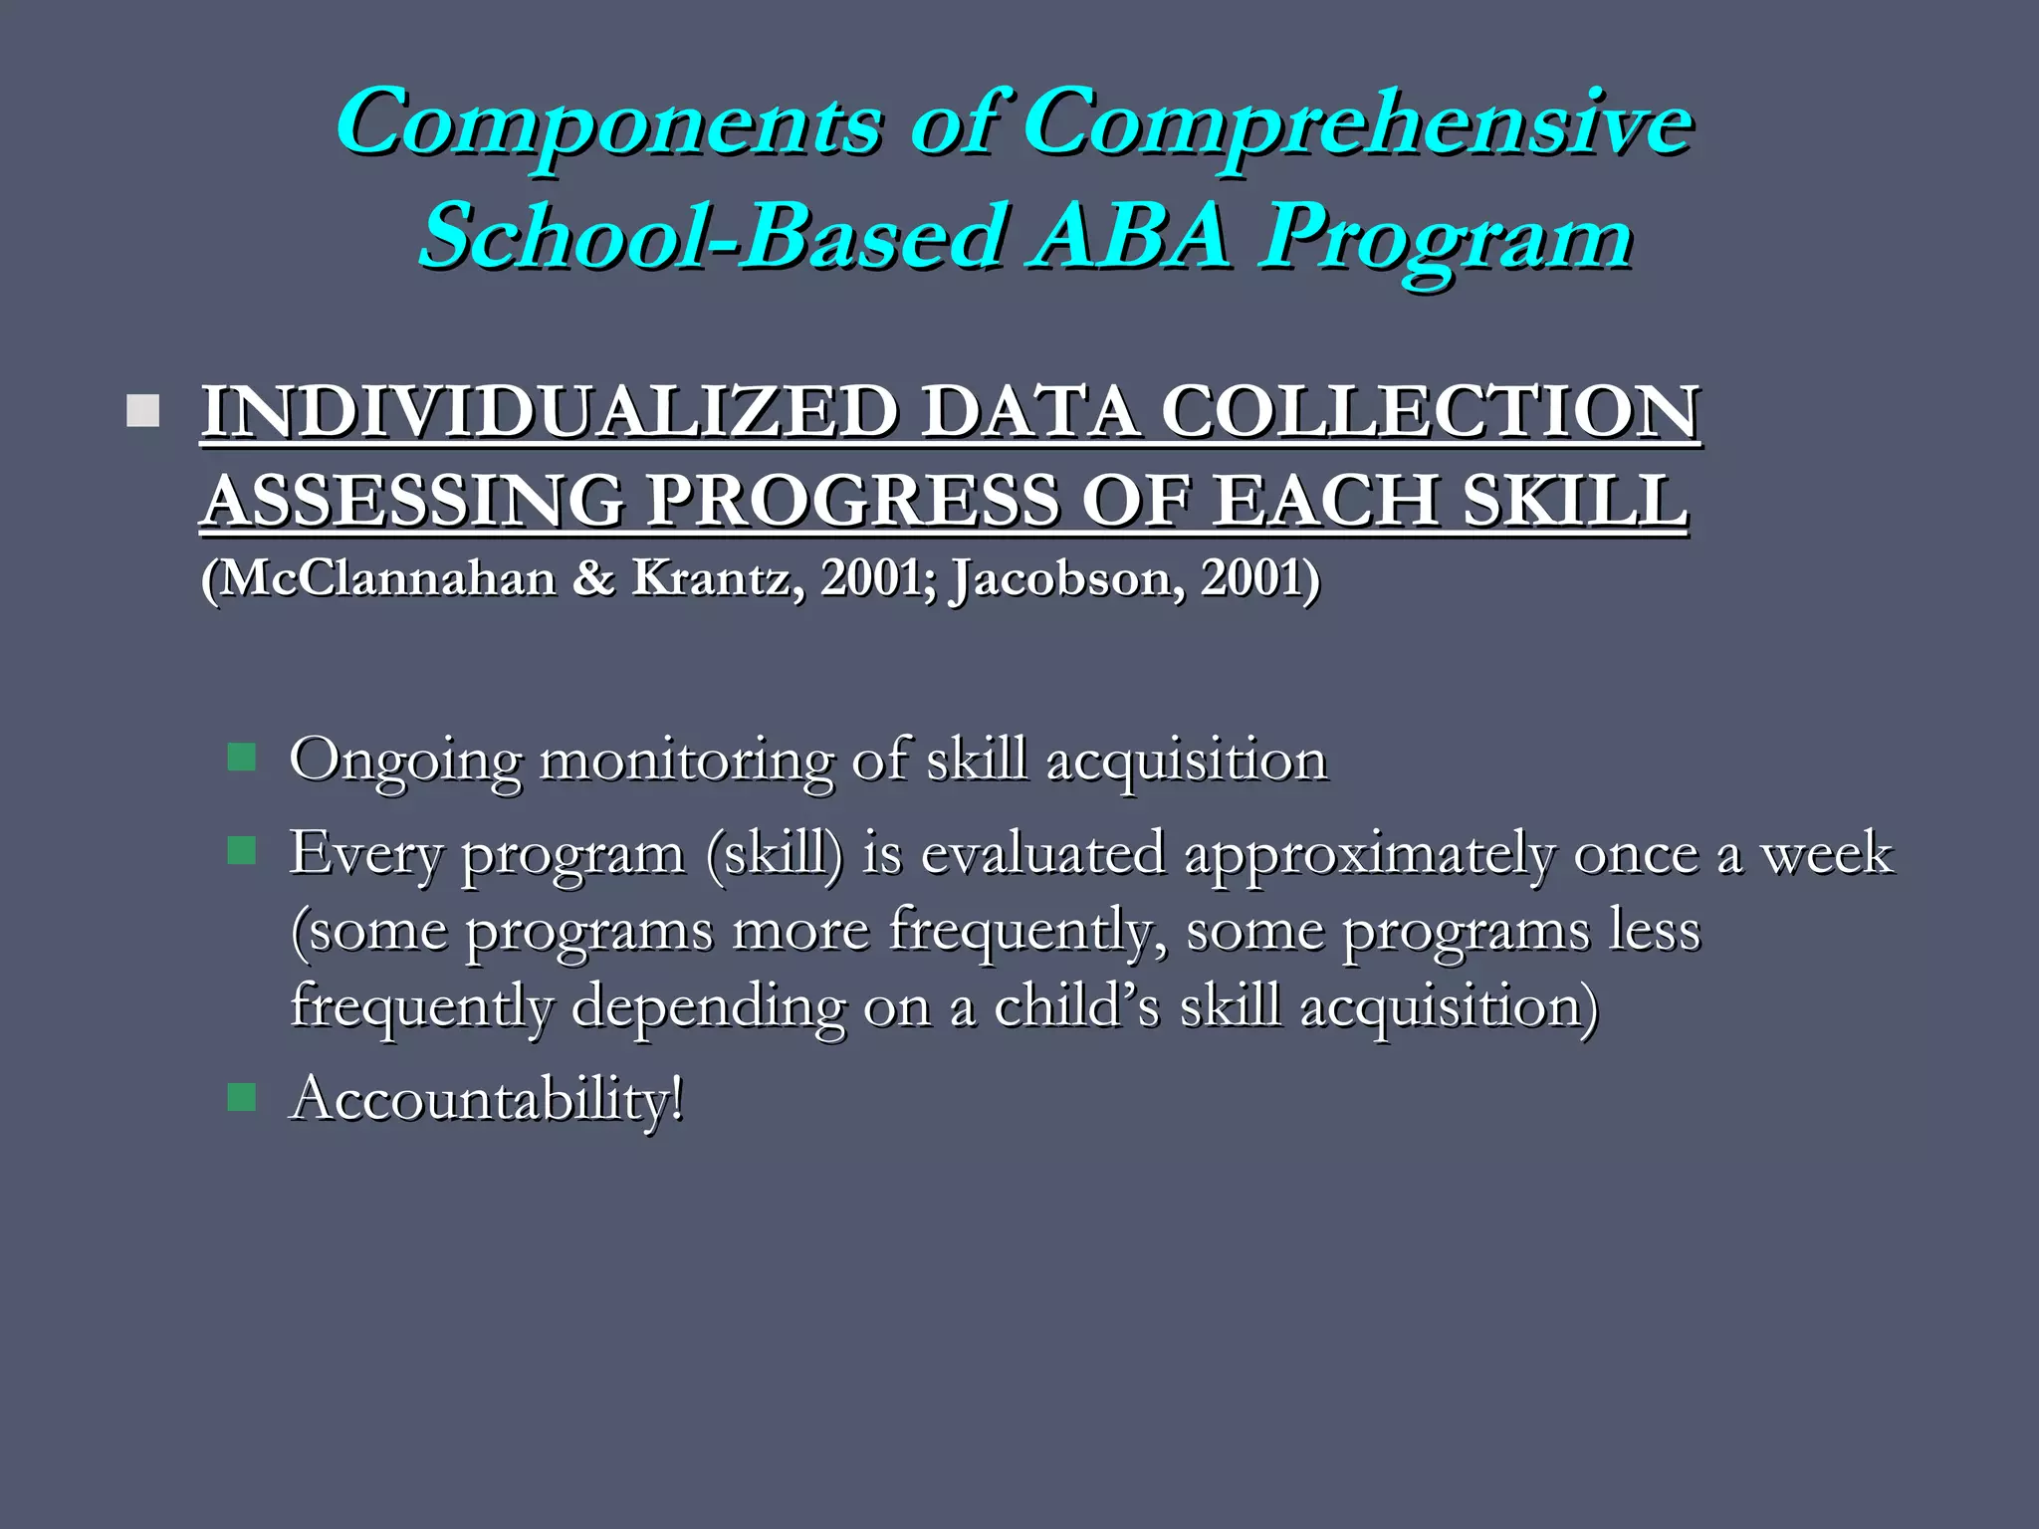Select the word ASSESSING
[x=413, y=500]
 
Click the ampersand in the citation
[x=594, y=578]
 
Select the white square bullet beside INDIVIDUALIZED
[x=143, y=411]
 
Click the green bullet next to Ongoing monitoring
[x=242, y=758]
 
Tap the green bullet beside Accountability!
[x=242, y=1098]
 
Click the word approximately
[x=1369, y=854]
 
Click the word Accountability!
[x=487, y=1100]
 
